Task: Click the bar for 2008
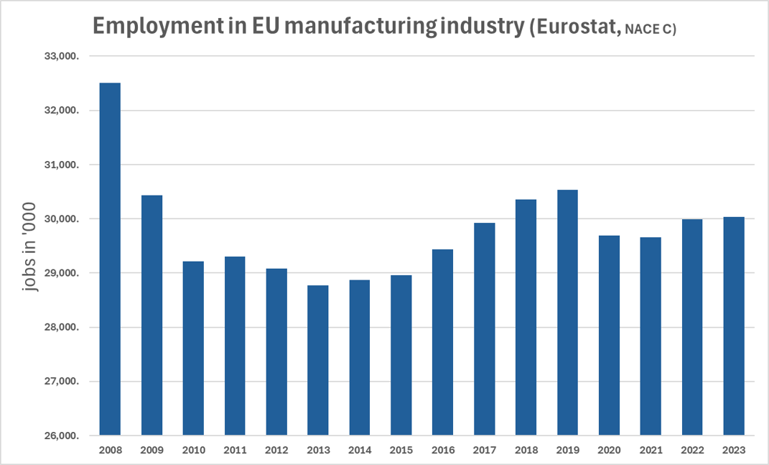[x=110, y=259]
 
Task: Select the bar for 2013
[x=318, y=360]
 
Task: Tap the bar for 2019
[x=567, y=313]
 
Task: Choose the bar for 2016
[x=443, y=342]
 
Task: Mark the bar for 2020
[x=609, y=335]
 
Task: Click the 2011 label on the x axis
[x=235, y=451]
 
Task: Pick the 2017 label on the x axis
[x=484, y=451]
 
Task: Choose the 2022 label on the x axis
[x=692, y=451]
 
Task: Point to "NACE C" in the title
[x=649, y=29]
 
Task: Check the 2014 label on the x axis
[x=360, y=451]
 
